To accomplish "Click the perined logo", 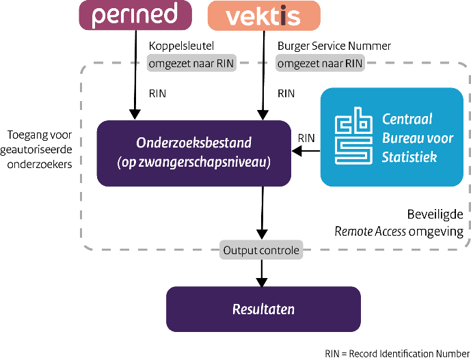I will (x=135, y=15).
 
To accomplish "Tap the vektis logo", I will (x=263, y=15).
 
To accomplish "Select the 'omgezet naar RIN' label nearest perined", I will (x=190, y=64).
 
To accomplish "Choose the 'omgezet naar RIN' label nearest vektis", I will (x=320, y=64).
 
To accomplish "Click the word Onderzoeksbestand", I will (x=193, y=143).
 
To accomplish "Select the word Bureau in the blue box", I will (x=401, y=139).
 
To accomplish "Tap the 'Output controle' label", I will (x=261, y=250).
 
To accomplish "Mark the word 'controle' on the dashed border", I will (x=279, y=250).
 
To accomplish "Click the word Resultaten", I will (x=263, y=309).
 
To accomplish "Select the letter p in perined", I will (x=99, y=17).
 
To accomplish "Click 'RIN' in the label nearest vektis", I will (x=353, y=64).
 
